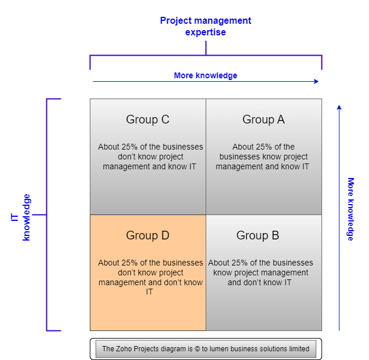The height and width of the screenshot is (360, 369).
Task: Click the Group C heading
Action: [148, 119]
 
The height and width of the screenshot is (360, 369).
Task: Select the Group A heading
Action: [264, 119]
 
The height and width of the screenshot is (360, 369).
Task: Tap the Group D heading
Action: [148, 235]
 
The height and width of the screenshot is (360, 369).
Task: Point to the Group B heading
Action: [258, 235]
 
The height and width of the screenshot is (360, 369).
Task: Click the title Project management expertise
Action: [206, 26]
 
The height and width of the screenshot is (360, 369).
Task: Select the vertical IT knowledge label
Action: [21, 217]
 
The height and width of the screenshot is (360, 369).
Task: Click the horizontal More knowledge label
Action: [206, 75]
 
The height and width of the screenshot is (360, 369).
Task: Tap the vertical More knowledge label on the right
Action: [350, 209]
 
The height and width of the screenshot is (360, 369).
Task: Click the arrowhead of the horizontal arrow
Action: [316, 82]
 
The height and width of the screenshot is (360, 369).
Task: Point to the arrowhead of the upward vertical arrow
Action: [339, 107]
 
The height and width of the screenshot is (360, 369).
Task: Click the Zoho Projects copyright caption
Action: [206, 349]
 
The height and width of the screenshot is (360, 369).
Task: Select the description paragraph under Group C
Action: [151, 157]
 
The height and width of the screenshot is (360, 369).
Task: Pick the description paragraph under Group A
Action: [263, 157]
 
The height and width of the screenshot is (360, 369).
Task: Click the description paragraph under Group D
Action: [151, 277]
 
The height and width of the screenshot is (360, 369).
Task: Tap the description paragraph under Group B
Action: [261, 272]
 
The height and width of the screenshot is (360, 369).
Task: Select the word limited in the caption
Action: [298, 349]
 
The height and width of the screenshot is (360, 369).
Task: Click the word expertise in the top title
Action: [206, 32]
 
